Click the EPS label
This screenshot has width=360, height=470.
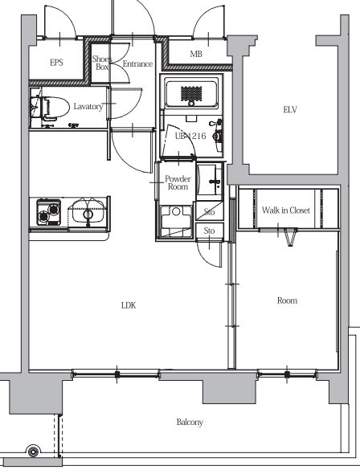pos(56,63)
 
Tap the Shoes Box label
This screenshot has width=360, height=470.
pos(101,63)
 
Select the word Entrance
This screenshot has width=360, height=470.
pos(137,63)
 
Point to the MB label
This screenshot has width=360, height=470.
pos(196,54)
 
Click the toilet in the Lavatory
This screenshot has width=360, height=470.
pos(51,108)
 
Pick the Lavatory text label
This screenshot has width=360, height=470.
pos(88,106)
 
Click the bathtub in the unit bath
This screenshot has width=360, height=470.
pos(191,93)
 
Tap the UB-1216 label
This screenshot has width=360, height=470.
pos(190,136)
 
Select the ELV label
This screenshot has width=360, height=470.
pos(290,110)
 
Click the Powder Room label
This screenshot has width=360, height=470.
pos(178,183)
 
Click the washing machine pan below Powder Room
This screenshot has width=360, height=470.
pos(176,221)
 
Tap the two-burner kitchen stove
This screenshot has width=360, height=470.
pos(48,212)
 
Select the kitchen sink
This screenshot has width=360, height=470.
pos(88,212)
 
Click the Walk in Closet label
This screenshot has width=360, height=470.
pos(285,210)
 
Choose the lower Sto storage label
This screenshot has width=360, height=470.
pos(209,231)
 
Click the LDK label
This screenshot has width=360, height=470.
pos(129,305)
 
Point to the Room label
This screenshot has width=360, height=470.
pos(287,300)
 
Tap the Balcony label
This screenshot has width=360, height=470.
pos(190,423)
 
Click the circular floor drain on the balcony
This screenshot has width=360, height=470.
pos(33,451)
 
